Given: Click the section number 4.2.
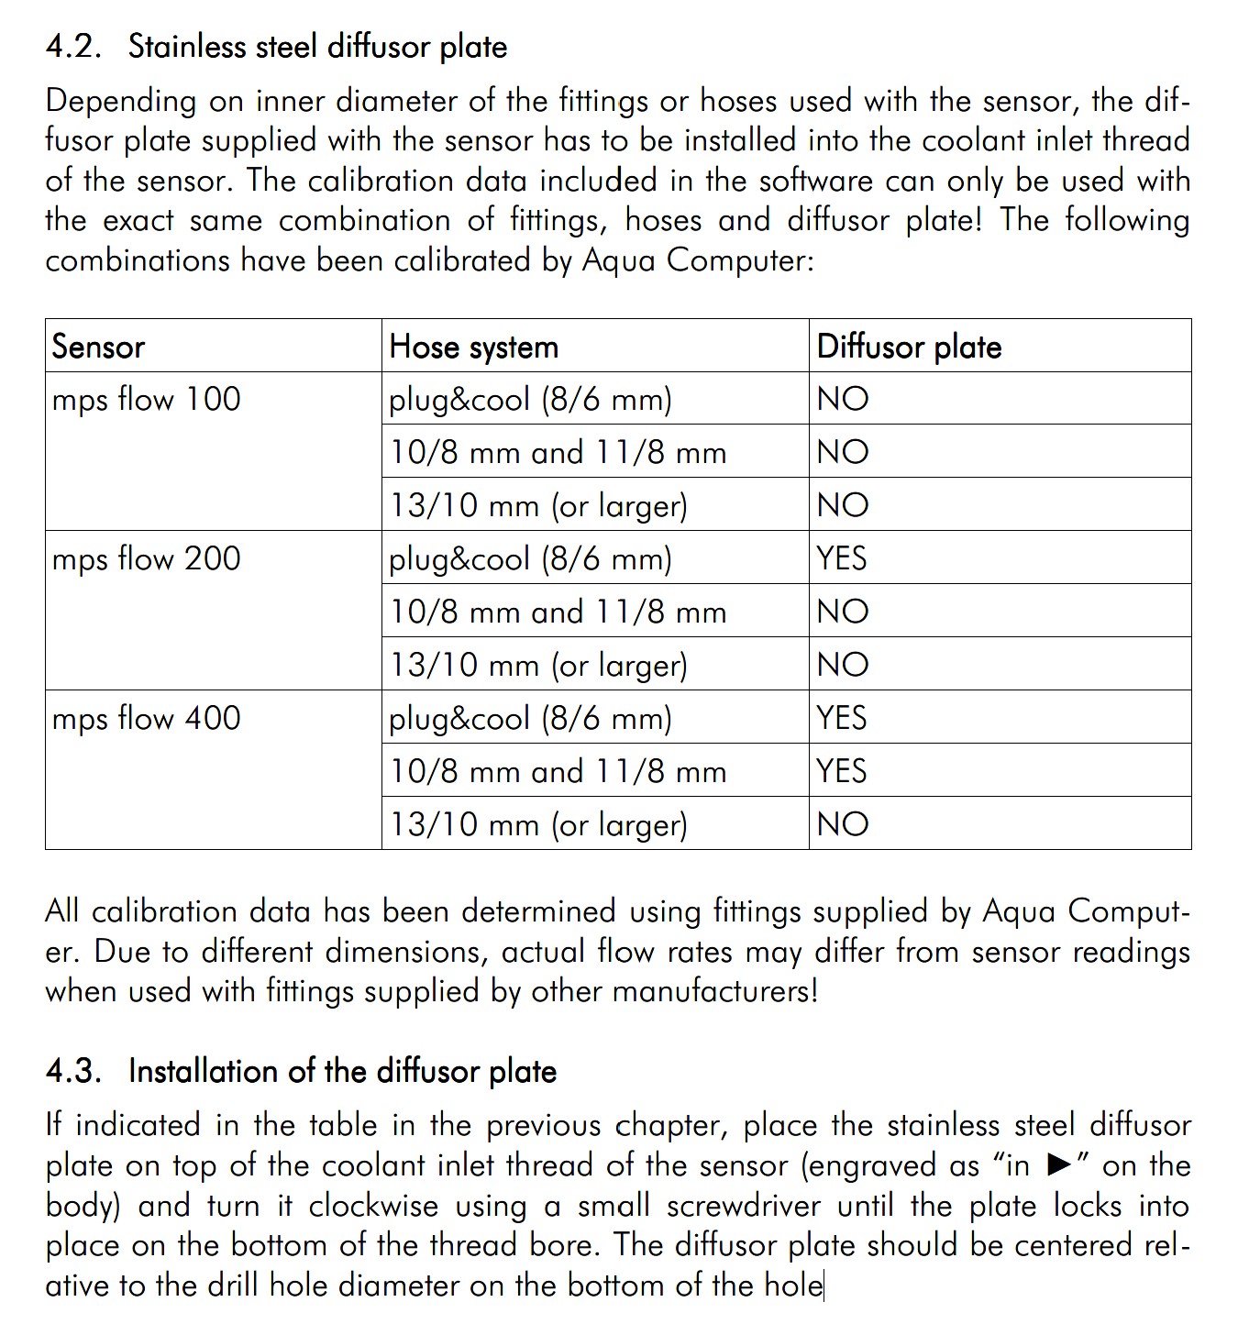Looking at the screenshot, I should click(x=73, y=47).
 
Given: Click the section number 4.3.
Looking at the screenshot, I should click(x=73, y=1071).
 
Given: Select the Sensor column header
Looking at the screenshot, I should click(x=98, y=347).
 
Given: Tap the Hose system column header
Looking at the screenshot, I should click(x=473, y=347).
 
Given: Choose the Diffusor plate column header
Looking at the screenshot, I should click(x=909, y=347).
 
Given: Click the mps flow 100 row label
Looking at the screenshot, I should click(x=147, y=400).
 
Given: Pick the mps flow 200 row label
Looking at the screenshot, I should click(x=147, y=559).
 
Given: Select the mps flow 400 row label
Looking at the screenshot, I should click(x=147, y=719).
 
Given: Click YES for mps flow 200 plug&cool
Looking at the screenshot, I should click(x=842, y=558).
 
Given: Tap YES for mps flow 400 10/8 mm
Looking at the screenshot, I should click(x=842, y=771).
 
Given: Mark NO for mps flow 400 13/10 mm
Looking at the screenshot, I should click(x=843, y=824).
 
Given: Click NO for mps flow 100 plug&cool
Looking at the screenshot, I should click(x=843, y=399).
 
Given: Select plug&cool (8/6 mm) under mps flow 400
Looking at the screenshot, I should click(x=530, y=719).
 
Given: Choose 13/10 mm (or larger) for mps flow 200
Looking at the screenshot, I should click(x=538, y=666).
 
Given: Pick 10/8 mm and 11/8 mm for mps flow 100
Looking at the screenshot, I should click(x=558, y=453).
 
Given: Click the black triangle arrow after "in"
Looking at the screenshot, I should click(x=1059, y=1165).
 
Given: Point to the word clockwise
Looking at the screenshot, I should click(x=373, y=1206).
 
